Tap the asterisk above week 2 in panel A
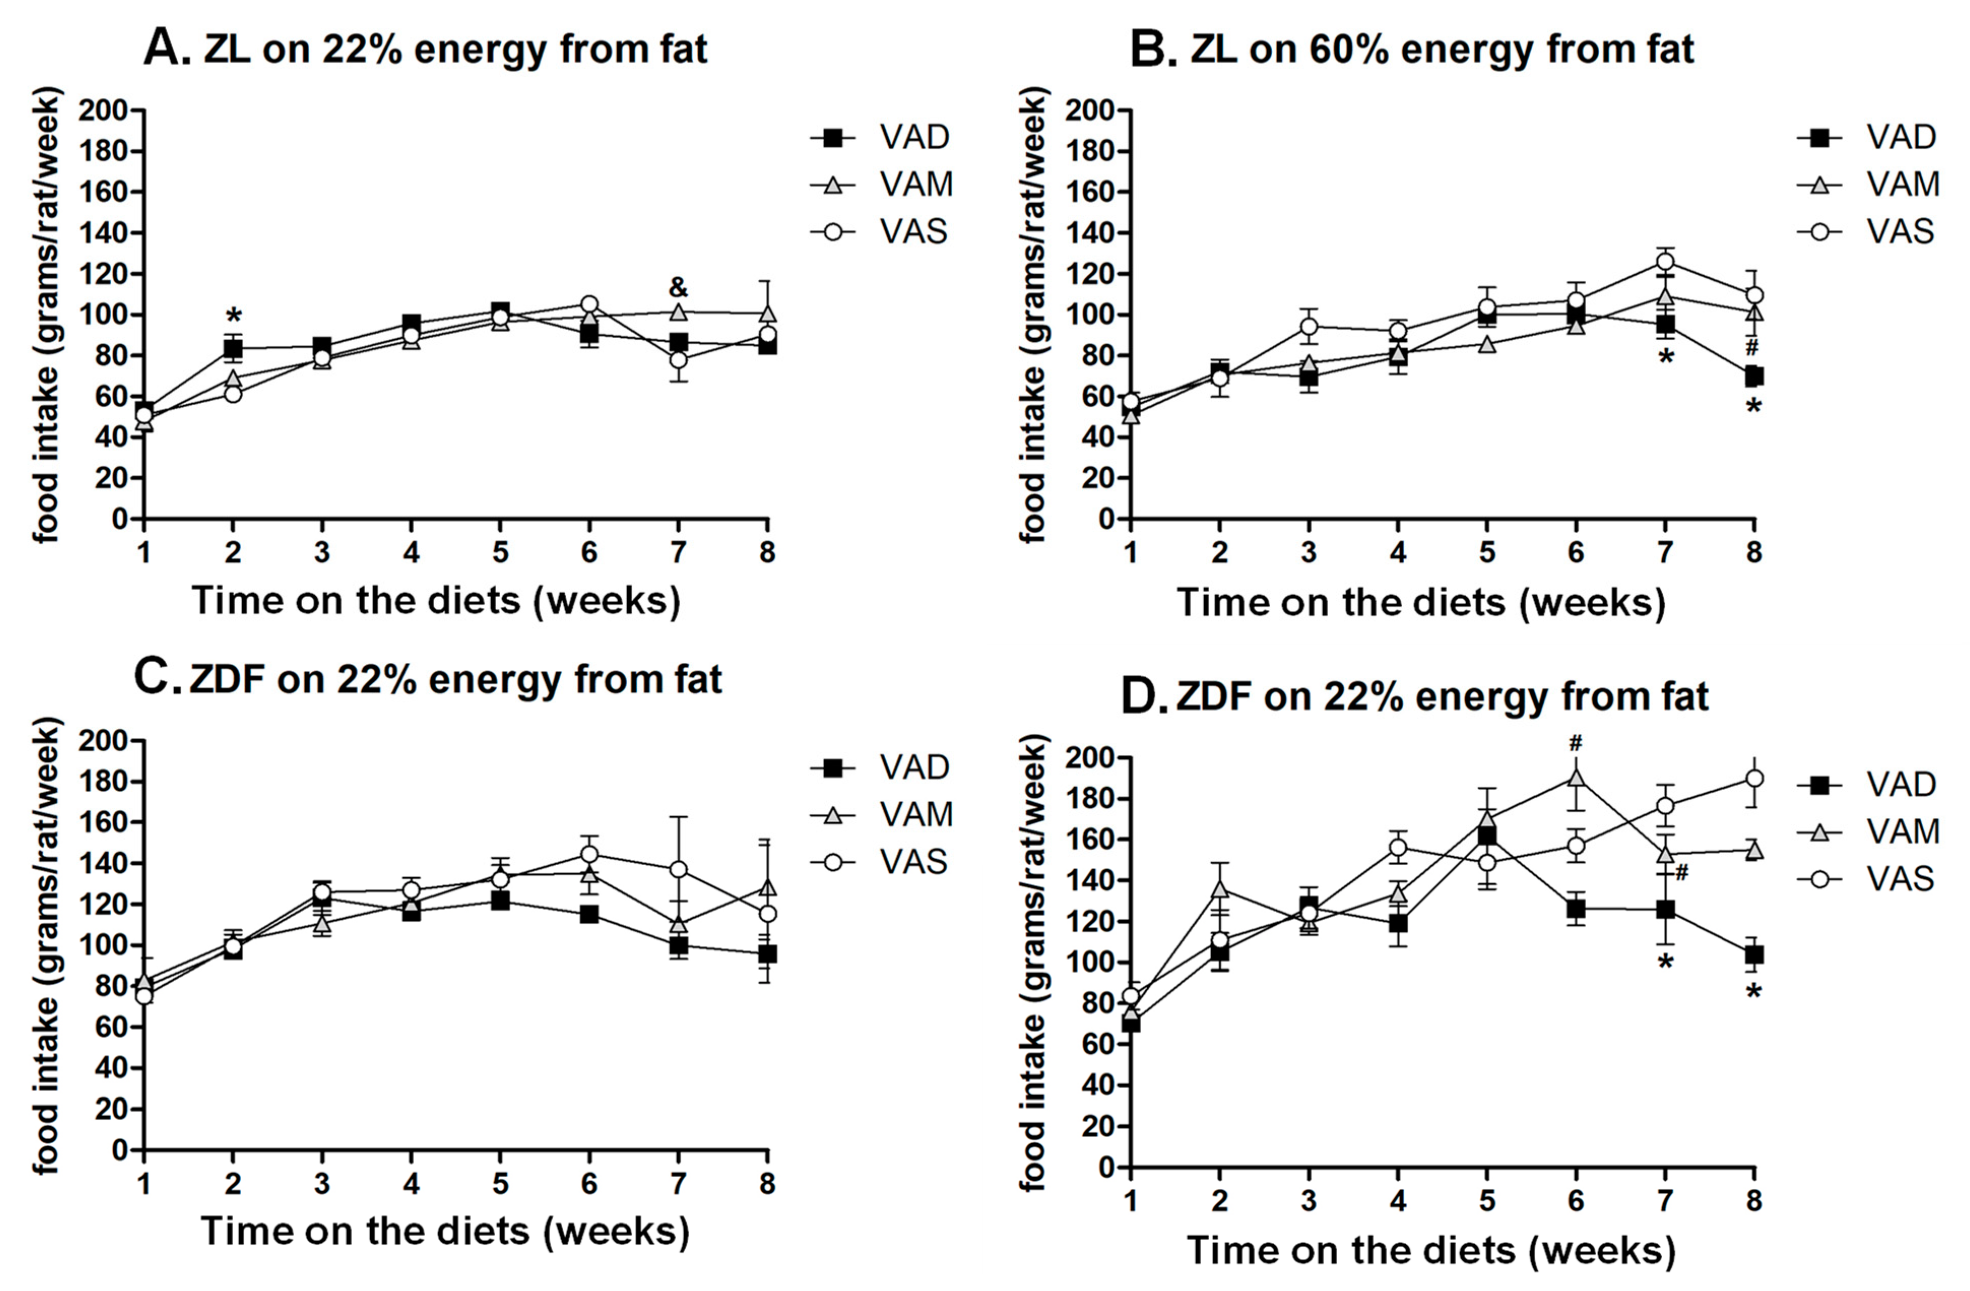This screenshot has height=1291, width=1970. click(234, 315)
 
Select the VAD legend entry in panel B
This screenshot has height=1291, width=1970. click(1867, 137)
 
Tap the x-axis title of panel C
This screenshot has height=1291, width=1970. click(444, 1231)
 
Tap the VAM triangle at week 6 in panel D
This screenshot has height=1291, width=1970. click(1576, 777)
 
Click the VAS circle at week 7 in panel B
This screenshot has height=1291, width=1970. click(1665, 262)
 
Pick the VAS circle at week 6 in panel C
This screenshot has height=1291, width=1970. click(589, 853)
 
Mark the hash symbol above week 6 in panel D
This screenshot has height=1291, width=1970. click(1575, 743)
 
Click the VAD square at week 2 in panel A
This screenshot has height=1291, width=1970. click(234, 347)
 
